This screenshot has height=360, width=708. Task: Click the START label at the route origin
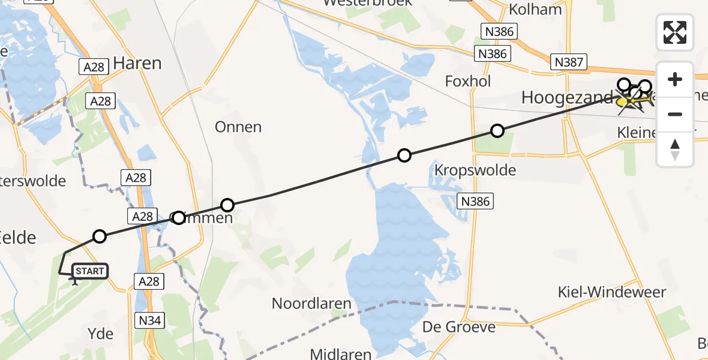tap(90, 272)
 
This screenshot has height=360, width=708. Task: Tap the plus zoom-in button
tap(675, 79)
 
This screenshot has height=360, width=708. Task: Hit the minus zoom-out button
tap(675, 114)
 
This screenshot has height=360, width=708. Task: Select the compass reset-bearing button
tap(675, 149)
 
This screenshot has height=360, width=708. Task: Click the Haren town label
tap(137, 63)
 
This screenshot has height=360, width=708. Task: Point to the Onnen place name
tap(239, 127)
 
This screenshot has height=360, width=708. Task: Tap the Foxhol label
tap(468, 81)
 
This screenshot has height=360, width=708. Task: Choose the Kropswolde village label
tap(474, 170)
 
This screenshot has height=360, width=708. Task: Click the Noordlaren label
tap(311, 303)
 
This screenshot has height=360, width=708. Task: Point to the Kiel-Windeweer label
tap(611, 292)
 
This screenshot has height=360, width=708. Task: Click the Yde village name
tap(100, 334)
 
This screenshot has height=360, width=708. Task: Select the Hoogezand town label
tap(567, 97)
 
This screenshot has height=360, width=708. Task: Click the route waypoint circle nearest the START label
tap(100, 236)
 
